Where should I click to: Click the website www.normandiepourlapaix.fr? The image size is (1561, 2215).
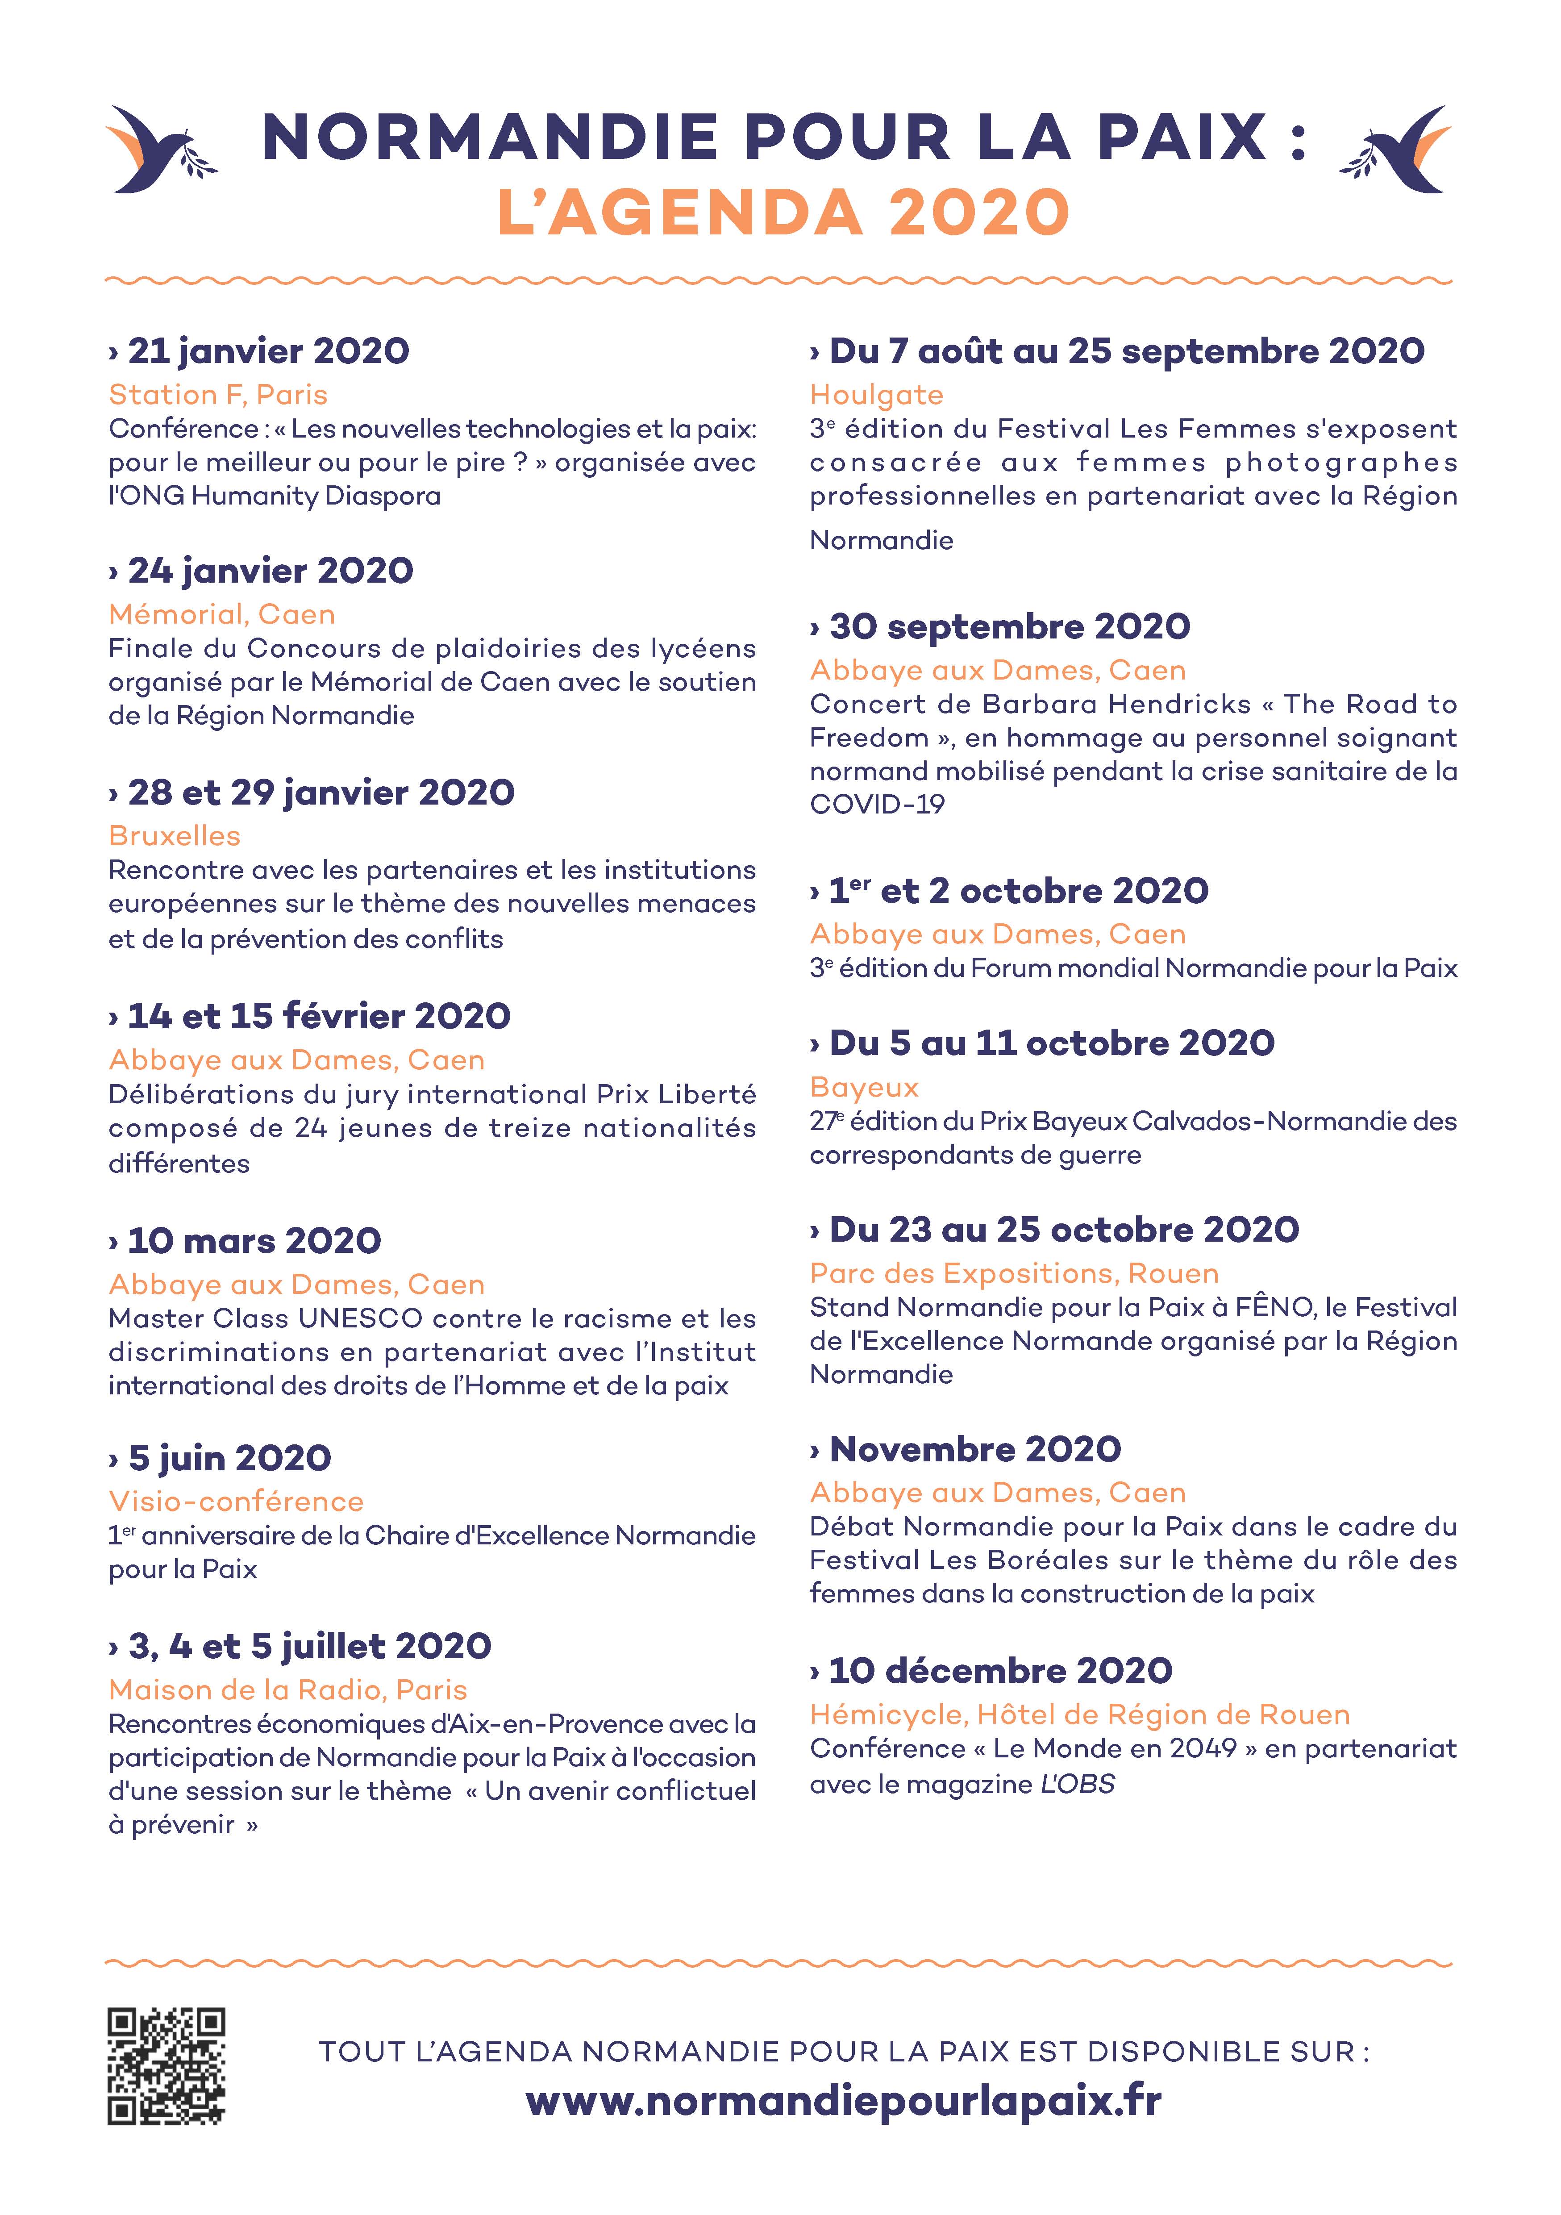click(x=844, y=2100)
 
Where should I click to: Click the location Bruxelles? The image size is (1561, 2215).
click(x=175, y=835)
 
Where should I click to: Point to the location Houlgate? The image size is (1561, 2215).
click(x=876, y=395)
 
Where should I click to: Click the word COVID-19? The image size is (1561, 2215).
click(x=877, y=805)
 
